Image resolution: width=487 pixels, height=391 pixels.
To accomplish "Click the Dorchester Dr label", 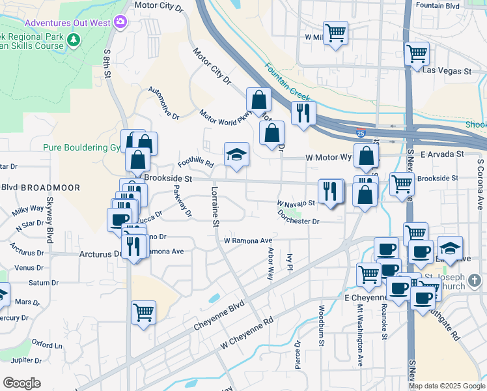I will [299, 217].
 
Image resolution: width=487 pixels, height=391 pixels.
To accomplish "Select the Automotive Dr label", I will [163, 104].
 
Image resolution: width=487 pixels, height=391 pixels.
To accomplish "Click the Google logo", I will [21, 383].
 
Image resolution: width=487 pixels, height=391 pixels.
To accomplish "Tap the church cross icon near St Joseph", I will [475, 281].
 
